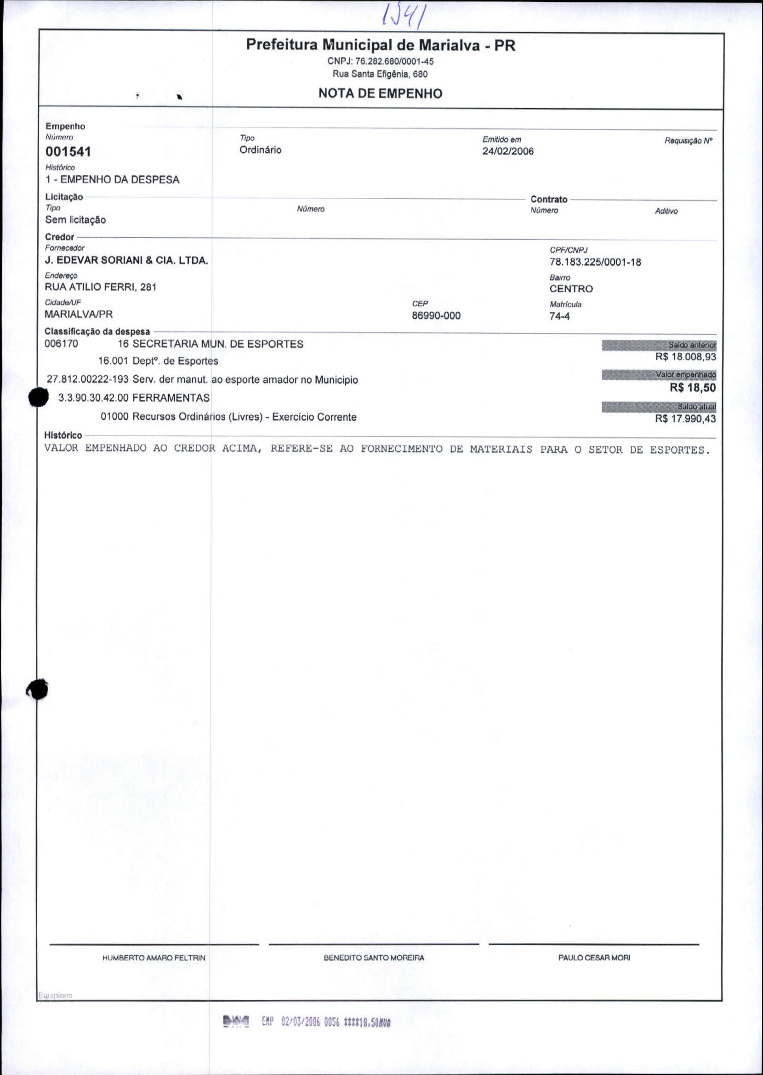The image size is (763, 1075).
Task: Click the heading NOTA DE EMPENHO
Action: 380,93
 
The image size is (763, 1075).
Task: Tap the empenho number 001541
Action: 68,152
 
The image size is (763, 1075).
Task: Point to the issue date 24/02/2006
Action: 508,151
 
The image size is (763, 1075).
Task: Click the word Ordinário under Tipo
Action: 260,150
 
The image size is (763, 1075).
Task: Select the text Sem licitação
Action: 75,220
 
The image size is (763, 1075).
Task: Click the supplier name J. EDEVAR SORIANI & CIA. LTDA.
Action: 126,260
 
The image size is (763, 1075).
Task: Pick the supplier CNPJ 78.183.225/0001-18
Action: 595,262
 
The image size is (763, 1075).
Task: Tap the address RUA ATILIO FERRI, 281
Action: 101,287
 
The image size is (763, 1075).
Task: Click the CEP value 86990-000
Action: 436,316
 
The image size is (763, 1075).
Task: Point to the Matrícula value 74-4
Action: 559,316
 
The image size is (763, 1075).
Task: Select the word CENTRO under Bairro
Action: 571,289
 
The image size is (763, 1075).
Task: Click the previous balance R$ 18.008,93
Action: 685,357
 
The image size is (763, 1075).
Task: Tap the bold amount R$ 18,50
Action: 693,388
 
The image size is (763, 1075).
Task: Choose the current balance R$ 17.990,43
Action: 685,419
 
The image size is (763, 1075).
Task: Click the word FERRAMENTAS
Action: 171,398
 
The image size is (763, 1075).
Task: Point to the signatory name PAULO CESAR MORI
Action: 594,958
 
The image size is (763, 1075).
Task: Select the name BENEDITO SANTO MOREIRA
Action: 374,958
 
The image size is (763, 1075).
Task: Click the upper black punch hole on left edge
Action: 39,397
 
